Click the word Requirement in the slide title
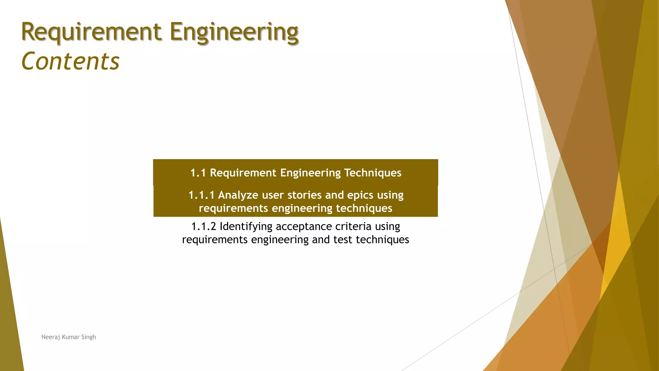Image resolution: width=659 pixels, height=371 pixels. coord(91,32)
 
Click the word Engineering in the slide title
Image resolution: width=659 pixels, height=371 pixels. coord(234,32)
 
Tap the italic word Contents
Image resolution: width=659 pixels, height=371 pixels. coord(70,61)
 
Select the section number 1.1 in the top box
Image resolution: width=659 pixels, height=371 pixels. coord(198,173)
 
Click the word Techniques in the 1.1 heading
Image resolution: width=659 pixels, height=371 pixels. coord(373,173)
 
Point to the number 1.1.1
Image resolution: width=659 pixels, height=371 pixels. coord(201,195)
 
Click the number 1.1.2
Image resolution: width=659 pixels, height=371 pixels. coord(204,226)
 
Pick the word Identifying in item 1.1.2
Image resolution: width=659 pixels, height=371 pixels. coord(246,227)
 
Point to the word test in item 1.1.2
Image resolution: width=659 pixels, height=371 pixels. coord(343,240)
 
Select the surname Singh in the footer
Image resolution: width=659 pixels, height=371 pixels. coord(88,337)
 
